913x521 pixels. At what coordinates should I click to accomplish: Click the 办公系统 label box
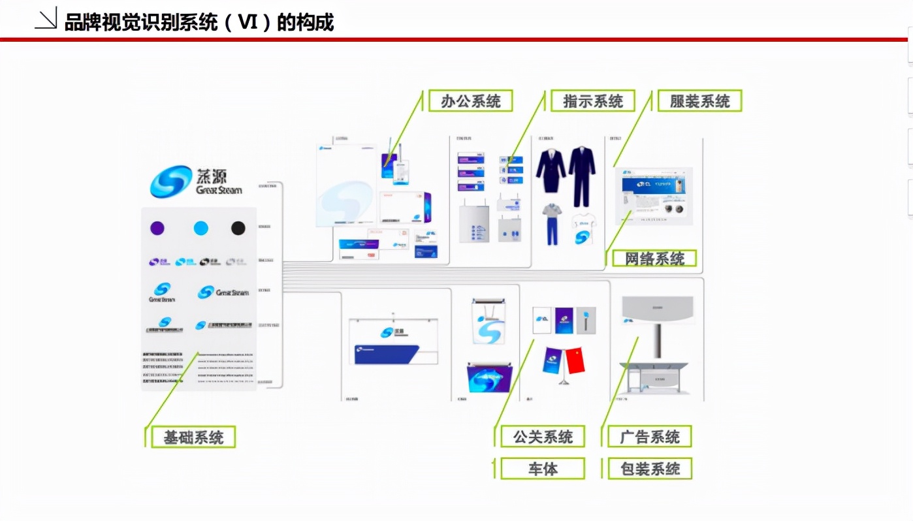(470, 101)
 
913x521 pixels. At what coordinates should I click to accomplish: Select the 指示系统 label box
(592, 101)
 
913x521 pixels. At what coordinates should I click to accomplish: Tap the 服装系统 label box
(699, 101)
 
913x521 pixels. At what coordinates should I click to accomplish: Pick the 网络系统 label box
(654, 258)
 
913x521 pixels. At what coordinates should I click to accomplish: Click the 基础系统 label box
(193, 437)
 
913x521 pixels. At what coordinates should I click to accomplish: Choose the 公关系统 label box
(542, 437)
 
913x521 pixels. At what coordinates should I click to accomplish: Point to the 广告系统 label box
(649, 437)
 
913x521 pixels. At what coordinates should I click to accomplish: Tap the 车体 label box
(542, 469)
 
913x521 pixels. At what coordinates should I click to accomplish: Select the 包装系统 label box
(649, 469)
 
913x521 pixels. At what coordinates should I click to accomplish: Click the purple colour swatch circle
(157, 228)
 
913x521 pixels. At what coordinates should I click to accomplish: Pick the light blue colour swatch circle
(200, 228)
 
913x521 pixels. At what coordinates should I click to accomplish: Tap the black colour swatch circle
(238, 228)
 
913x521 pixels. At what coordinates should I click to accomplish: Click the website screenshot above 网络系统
(654, 196)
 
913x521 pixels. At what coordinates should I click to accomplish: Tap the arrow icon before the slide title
(46, 21)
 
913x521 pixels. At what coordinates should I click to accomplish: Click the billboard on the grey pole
(658, 310)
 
